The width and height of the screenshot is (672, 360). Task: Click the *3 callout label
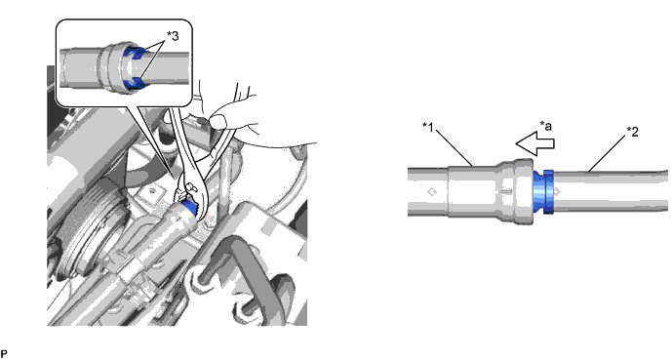tap(173, 36)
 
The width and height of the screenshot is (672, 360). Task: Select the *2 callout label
tap(633, 132)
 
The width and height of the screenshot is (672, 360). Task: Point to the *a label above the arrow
tap(545, 126)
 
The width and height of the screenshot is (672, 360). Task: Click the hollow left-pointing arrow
tap(534, 143)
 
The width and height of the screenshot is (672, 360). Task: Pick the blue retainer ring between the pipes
tap(543, 191)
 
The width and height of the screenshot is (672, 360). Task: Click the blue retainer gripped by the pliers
tap(189, 208)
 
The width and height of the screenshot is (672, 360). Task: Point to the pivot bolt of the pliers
tap(190, 186)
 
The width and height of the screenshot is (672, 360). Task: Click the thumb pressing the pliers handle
tap(219, 120)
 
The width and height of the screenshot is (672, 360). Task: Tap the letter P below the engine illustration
tap(4, 354)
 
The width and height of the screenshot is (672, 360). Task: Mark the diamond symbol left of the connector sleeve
tap(432, 191)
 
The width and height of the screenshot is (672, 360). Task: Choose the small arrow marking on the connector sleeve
tap(506, 190)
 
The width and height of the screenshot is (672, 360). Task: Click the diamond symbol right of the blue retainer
tap(556, 191)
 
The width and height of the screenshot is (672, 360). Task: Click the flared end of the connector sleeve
tap(524, 191)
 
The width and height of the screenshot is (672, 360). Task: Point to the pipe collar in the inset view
tap(112, 66)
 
